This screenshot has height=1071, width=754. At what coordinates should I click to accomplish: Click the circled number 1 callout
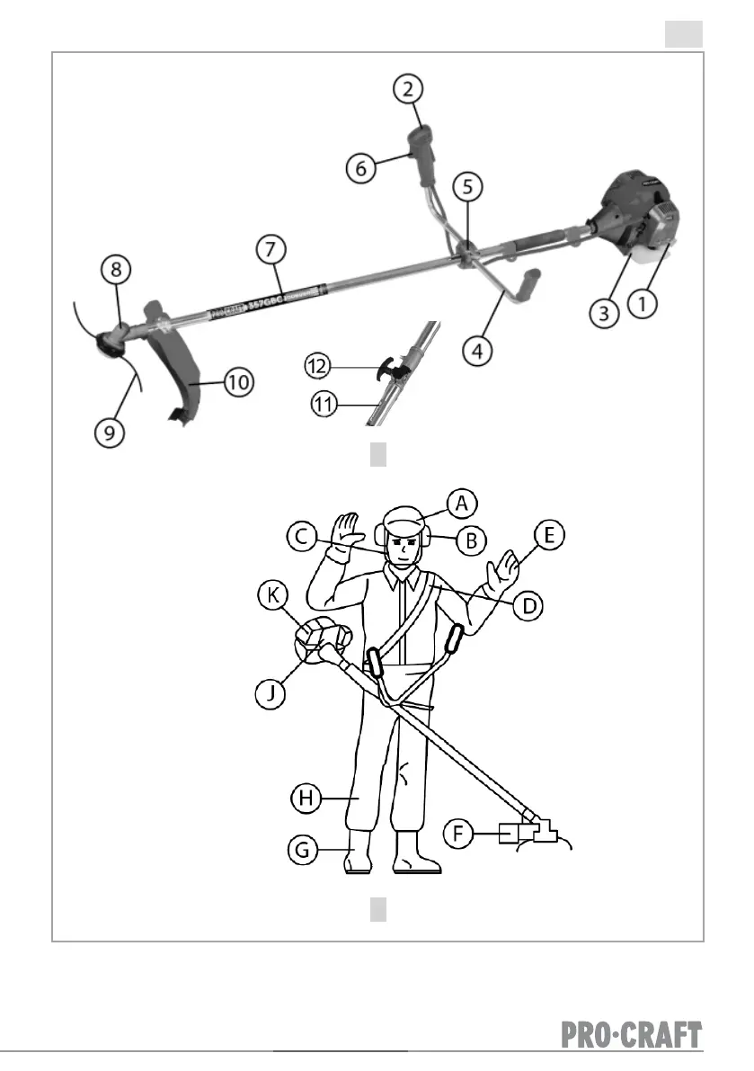tap(643, 304)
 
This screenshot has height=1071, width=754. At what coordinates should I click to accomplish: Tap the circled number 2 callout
tap(409, 89)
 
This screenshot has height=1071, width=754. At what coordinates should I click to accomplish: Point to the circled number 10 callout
tap(237, 382)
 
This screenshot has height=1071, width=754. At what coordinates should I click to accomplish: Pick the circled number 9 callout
tap(110, 433)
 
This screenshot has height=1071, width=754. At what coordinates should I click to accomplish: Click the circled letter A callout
tap(462, 504)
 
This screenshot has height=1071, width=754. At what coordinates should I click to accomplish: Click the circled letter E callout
tap(549, 536)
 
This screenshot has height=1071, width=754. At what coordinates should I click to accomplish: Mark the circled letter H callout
tap(306, 797)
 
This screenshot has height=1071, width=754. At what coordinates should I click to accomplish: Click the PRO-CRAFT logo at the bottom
tap(632, 1035)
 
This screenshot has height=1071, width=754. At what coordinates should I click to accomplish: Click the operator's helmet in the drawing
tap(404, 519)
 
